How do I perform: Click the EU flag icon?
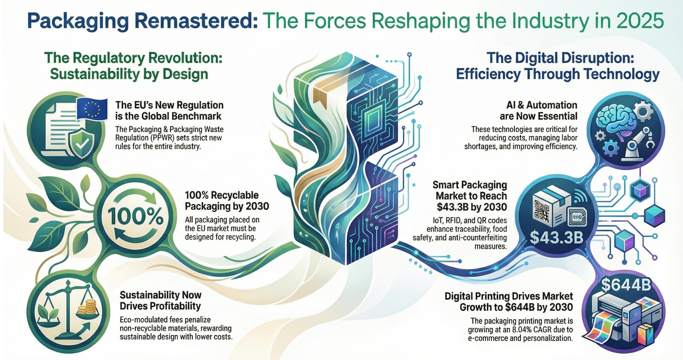[x=92, y=109]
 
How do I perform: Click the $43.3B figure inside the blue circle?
[x=557, y=237]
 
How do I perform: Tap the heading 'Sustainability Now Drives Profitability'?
[x=160, y=301]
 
